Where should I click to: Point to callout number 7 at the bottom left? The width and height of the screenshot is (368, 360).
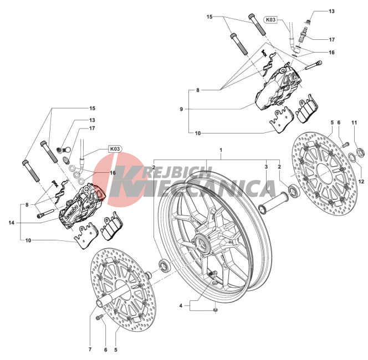pyautogui.click(x=90, y=349)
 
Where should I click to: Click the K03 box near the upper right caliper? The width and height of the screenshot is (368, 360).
pyautogui.click(x=270, y=20)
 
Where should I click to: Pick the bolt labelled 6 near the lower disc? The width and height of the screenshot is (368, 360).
pyautogui.click(x=99, y=317)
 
